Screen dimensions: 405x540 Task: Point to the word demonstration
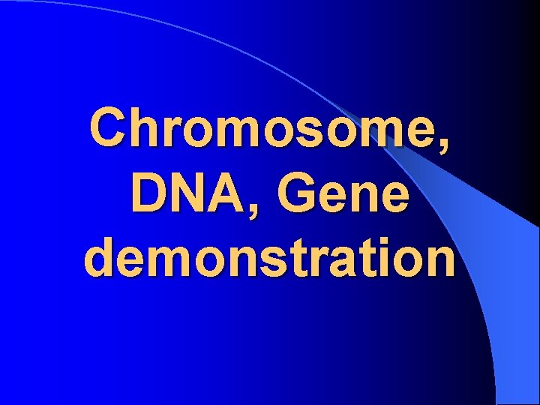point(270,258)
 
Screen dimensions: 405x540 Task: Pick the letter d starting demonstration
point(100,258)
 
